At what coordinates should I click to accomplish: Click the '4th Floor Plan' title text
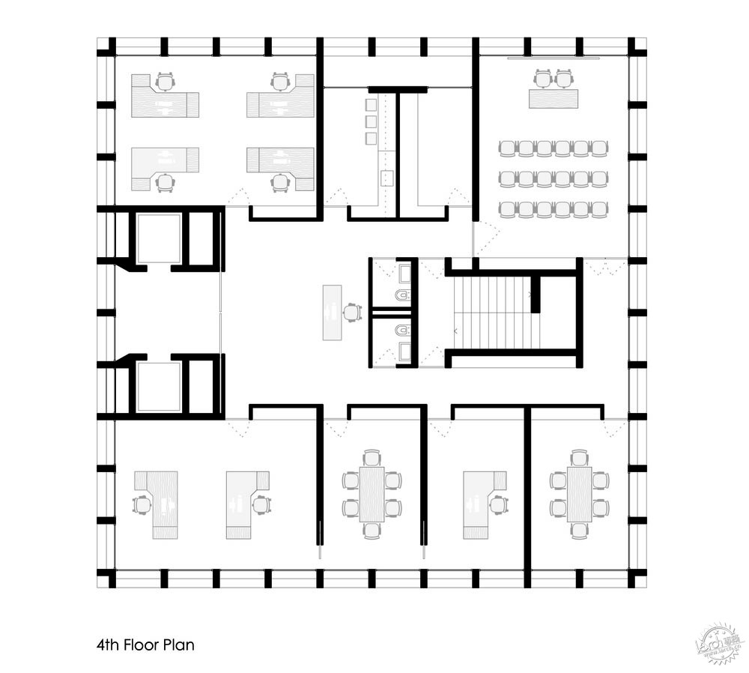[145, 644]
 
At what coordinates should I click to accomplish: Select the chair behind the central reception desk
[351, 312]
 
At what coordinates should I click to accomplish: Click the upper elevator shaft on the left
[159, 238]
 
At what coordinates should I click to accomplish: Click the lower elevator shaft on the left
[159, 386]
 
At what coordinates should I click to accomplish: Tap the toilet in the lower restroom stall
[404, 330]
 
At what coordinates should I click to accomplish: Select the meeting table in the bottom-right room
[579, 495]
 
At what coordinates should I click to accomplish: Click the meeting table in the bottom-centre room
[372, 495]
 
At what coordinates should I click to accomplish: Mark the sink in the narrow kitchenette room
[388, 178]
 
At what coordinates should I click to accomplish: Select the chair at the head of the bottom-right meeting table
[579, 456]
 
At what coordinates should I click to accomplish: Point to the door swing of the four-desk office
[238, 196]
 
